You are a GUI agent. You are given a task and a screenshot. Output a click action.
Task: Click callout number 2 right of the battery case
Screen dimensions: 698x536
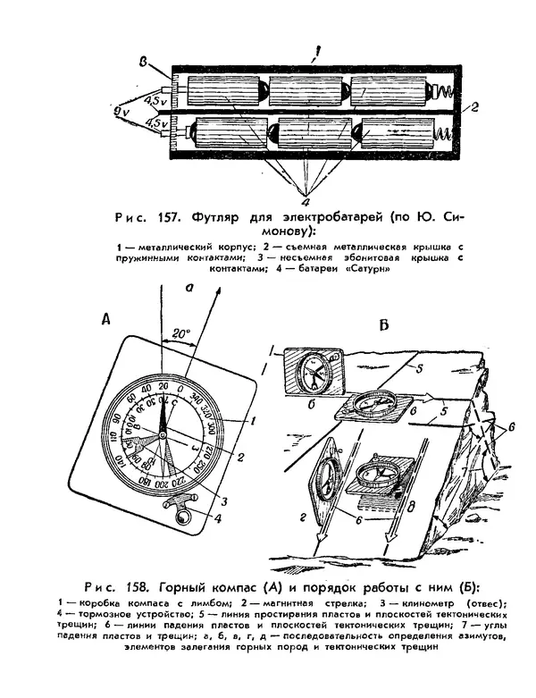(x=476, y=107)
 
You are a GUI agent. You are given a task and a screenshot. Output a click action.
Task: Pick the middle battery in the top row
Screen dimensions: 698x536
(x=306, y=92)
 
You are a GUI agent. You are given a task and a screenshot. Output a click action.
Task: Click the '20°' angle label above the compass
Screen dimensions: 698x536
(x=182, y=333)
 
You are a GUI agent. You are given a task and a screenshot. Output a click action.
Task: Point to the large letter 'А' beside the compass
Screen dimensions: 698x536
(x=106, y=317)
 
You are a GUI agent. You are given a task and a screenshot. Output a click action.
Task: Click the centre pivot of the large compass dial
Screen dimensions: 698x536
(x=163, y=435)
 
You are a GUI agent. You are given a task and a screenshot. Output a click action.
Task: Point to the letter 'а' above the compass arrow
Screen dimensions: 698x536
(x=188, y=288)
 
